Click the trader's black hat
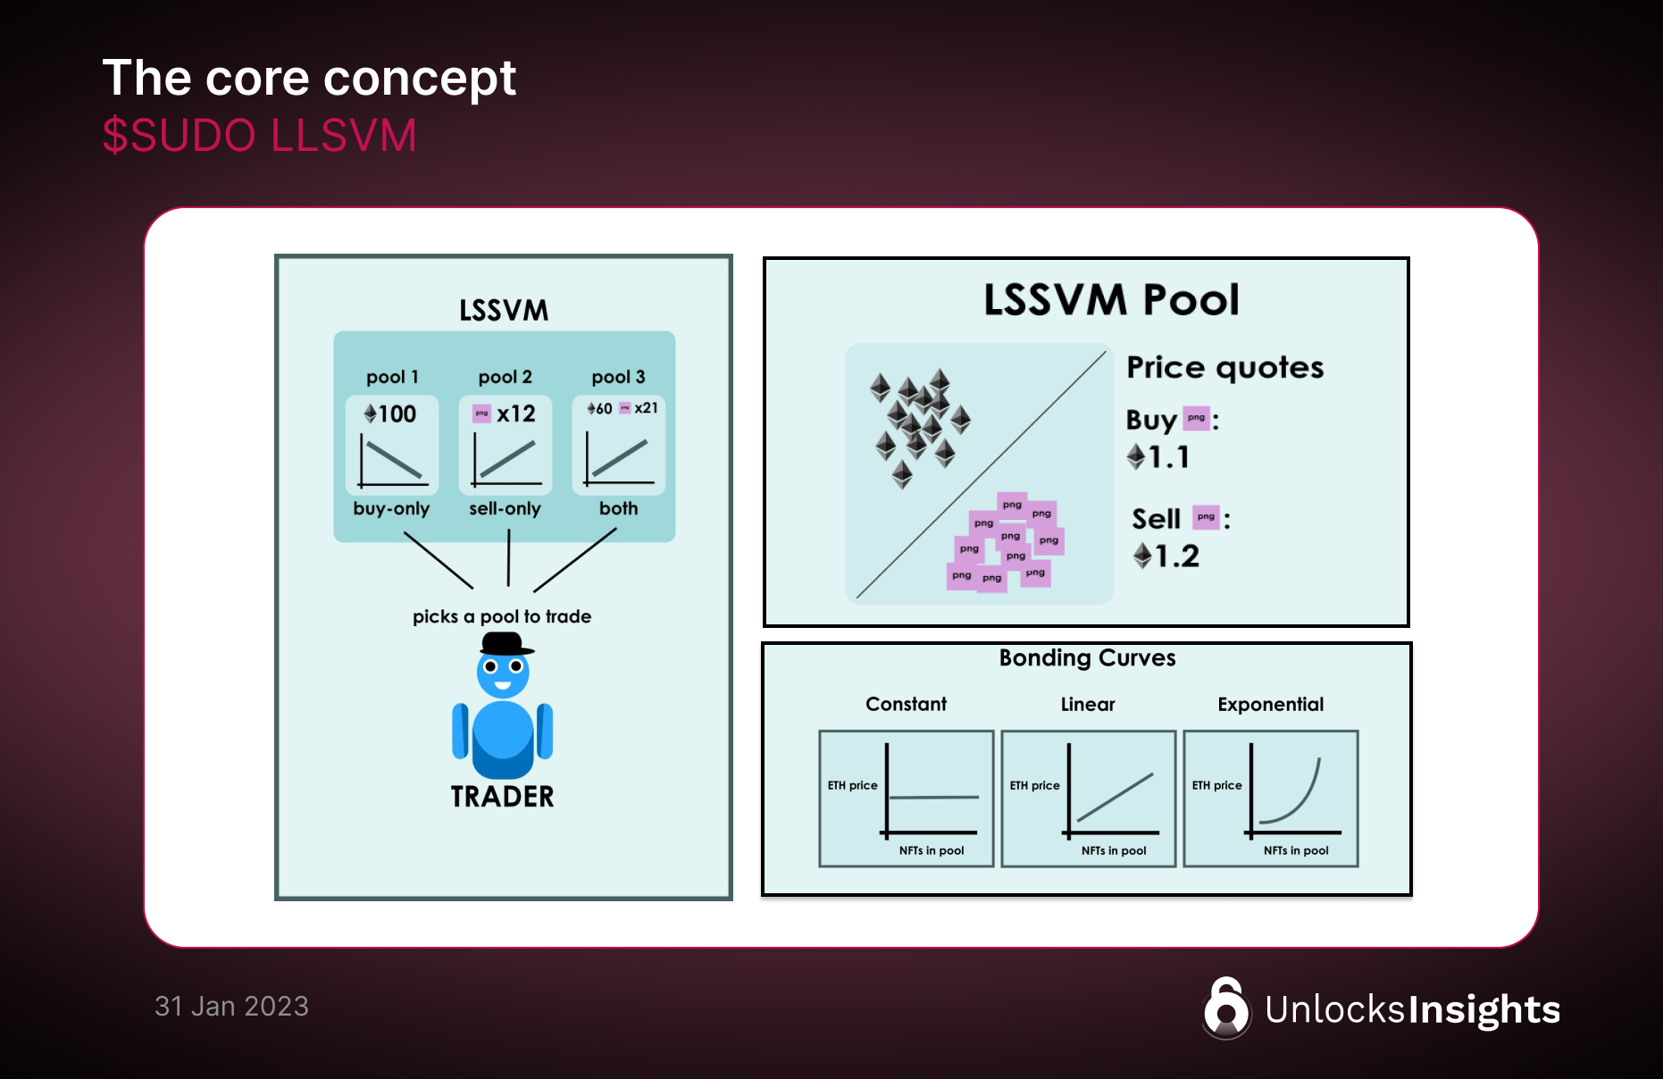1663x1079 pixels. [502, 644]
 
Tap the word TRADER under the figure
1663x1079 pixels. [502, 796]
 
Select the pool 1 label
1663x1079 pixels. [392, 377]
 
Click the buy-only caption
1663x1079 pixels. [391, 508]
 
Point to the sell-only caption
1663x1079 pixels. [505, 508]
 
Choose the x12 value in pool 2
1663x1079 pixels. [515, 414]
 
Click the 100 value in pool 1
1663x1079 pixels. [397, 414]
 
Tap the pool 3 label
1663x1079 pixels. [618, 377]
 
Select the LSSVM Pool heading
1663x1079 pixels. [1111, 300]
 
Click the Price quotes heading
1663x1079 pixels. [1224, 367]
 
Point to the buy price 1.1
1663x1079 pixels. [1168, 457]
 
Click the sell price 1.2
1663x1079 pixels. [1176, 556]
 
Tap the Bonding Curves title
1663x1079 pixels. [1087, 658]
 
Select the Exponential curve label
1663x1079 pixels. [1270, 704]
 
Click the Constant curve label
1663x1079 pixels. [906, 704]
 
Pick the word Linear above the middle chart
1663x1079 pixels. [1088, 704]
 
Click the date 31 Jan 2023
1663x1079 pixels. [231, 1007]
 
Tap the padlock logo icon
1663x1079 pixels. [1226, 1008]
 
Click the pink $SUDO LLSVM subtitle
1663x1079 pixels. [259, 136]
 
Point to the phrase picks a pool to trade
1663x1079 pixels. [501, 616]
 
